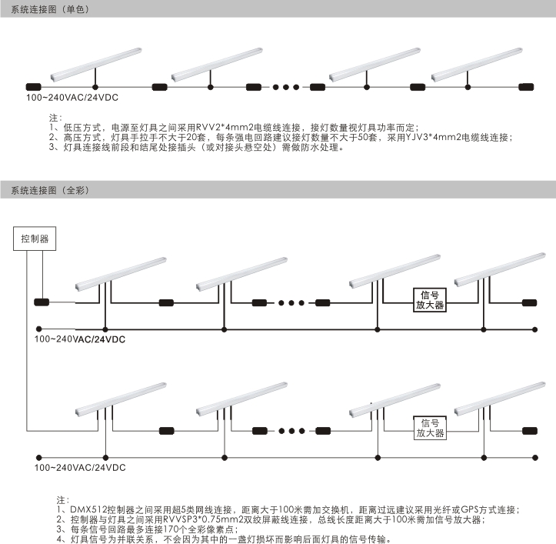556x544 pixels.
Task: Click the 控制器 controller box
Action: click(x=35, y=239)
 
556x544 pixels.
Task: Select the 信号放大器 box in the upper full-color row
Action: click(x=429, y=300)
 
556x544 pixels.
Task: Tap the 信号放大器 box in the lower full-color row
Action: click(x=430, y=428)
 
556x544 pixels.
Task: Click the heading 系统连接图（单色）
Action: click(x=50, y=9)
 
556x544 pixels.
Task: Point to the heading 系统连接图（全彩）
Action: click(x=50, y=190)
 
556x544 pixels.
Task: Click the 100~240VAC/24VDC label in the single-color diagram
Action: click(x=72, y=98)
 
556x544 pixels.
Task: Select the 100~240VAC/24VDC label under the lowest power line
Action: click(x=80, y=467)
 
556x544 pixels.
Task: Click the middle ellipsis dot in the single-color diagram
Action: click(x=286, y=87)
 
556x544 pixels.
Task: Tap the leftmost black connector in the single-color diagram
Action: click(x=34, y=87)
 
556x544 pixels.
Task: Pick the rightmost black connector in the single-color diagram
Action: click(x=526, y=87)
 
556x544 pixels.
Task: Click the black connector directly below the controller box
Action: click(x=42, y=302)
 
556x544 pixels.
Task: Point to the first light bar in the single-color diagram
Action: click(x=95, y=64)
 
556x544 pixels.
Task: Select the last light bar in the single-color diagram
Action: click(x=477, y=64)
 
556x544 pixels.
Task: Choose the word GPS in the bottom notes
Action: click(x=470, y=510)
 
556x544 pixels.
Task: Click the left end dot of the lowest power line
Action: click(x=39, y=458)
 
